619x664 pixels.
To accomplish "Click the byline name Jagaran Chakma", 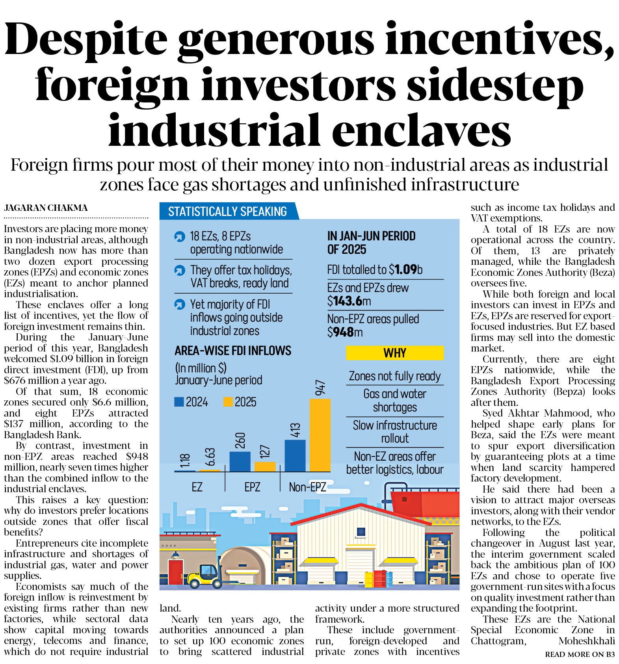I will click(x=46, y=208).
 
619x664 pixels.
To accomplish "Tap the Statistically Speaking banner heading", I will click(x=227, y=212).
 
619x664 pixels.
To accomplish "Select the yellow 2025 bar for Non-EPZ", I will click(x=320, y=435).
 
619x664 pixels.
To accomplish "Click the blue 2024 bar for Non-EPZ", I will click(x=295, y=456).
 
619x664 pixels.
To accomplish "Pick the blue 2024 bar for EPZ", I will click(x=240, y=461).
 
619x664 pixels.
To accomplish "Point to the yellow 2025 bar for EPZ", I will click(x=265, y=467).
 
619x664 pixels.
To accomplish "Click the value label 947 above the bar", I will click(x=320, y=388).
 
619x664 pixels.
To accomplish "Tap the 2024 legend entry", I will click(x=191, y=402).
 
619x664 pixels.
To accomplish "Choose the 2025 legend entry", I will click(x=240, y=402).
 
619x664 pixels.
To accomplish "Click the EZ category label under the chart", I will click(x=197, y=487).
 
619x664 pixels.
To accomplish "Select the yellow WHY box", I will click(x=395, y=353).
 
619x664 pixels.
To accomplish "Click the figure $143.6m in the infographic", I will click(x=349, y=301).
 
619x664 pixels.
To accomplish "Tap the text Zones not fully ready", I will click(x=395, y=376).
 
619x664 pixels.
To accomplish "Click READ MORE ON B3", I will click(x=580, y=654).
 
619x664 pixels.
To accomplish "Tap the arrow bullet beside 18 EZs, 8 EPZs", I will click(x=180, y=236).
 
